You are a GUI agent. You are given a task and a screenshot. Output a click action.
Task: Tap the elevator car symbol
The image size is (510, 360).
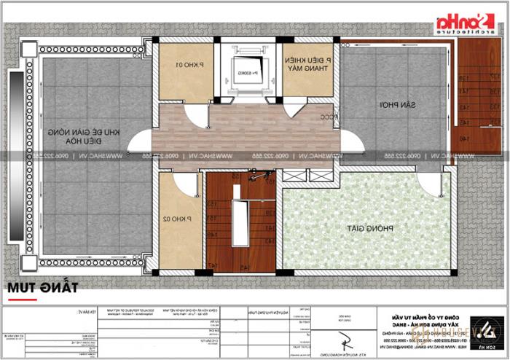(x=243, y=72)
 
